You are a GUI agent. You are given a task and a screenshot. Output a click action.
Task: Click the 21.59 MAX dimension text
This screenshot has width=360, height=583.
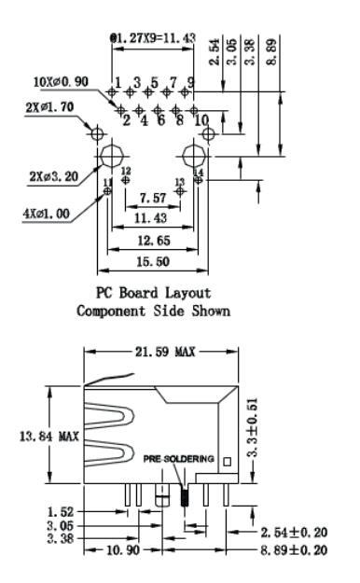pos(165,352)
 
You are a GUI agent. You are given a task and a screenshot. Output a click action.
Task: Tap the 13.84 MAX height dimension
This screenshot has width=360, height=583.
pos(49,436)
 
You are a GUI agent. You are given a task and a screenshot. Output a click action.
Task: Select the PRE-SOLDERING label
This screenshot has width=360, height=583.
pos(179,459)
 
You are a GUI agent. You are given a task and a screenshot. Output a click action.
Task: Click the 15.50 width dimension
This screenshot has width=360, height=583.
pos(153,262)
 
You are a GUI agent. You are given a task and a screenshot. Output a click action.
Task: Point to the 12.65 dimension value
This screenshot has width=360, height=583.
pos(154,241)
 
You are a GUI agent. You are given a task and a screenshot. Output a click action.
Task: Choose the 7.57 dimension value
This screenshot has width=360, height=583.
pos(152,198)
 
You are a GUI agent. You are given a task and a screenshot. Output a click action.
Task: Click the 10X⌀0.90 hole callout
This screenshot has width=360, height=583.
pos(61,82)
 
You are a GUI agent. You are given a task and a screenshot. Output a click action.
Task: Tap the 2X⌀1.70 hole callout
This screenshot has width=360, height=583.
pos(49,107)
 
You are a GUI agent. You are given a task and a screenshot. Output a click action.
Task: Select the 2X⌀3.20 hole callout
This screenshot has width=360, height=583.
pos(54,176)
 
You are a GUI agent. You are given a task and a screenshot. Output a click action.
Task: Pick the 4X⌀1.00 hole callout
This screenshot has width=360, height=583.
pos(46,214)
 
